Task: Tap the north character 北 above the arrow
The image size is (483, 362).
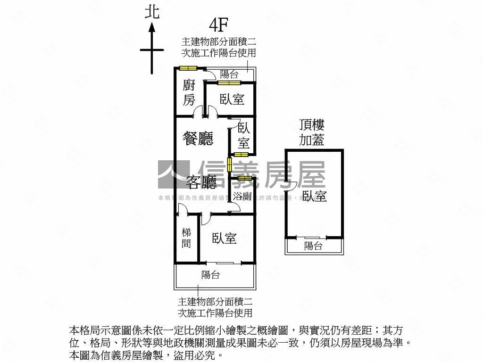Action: tap(152, 12)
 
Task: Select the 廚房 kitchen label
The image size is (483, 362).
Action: tap(189, 92)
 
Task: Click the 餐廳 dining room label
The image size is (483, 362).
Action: tap(198, 139)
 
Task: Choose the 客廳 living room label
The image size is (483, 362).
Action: tap(201, 181)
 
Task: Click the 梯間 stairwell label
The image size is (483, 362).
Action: tap(187, 238)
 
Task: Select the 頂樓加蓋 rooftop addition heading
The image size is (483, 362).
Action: tap(312, 132)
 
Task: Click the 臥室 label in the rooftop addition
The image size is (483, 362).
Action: tap(315, 196)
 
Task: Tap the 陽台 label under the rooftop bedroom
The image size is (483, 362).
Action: tap(313, 246)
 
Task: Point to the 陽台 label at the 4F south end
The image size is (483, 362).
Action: tap(210, 275)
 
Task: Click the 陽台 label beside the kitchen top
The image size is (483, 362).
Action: tap(229, 74)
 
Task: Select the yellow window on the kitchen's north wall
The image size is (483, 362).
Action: tap(188, 68)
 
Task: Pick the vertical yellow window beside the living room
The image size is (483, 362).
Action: tap(229, 165)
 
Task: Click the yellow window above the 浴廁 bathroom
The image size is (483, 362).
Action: tap(244, 178)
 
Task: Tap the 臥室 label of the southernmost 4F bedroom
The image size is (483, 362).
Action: tap(224, 239)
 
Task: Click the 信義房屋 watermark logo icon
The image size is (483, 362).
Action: tap(174, 174)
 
